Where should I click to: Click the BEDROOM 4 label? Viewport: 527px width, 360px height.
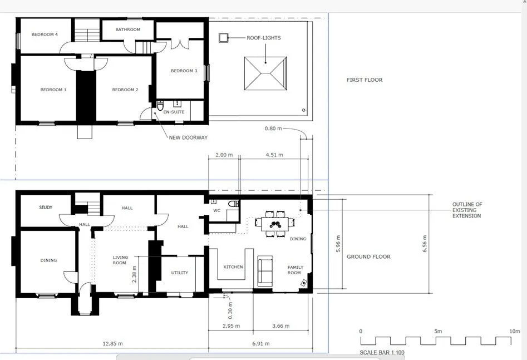(45, 34)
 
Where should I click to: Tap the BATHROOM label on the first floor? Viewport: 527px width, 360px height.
(128, 29)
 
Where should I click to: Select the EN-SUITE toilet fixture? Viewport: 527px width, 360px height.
(160, 105)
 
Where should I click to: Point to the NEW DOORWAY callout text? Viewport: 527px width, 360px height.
(188, 137)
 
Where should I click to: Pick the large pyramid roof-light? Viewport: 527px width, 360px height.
(265, 73)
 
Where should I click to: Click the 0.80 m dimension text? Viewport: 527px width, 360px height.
(273, 129)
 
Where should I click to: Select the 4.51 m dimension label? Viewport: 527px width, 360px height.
(274, 155)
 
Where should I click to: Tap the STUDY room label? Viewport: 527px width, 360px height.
(46, 208)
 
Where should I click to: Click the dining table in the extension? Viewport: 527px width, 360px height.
(275, 224)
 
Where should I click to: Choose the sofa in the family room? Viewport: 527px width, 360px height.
(265, 271)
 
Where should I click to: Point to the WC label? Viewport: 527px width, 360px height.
(217, 211)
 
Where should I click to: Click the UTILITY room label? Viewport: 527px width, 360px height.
(180, 273)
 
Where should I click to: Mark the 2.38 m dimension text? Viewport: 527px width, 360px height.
(134, 274)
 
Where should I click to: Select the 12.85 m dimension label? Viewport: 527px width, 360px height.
(112, 343)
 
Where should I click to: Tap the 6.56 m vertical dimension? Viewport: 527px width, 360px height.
(425, 244)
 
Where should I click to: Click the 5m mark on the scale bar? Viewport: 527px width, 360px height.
(438, 331)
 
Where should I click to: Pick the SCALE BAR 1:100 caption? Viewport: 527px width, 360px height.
(382, 353)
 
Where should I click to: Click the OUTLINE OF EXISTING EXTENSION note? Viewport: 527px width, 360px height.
(467, 210)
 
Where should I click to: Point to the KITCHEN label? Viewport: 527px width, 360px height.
(233, 267)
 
